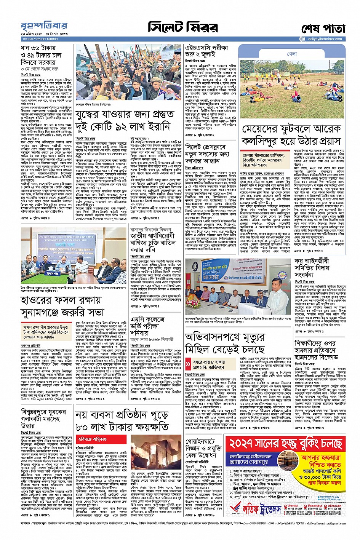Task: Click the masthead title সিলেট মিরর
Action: [183, 27]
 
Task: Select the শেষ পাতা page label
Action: [323, 29]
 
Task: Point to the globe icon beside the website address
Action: [302, 39]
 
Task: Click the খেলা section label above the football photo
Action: [292, 54]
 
